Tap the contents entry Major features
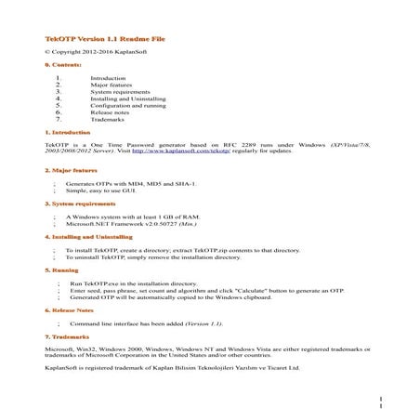112,85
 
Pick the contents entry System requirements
121,93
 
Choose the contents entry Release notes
112,112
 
